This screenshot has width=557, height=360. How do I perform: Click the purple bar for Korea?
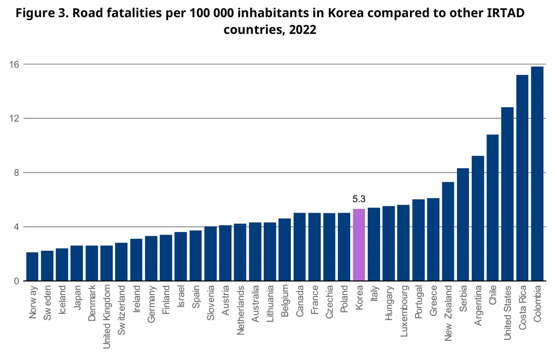pos(359,245)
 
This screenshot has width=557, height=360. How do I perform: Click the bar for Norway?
pos(32,267)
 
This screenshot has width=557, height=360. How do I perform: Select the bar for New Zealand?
pos(448,232)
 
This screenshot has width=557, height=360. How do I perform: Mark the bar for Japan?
pos(77,263)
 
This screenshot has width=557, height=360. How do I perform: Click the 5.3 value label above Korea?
pos(359,199)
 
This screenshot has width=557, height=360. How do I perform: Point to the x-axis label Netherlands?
pos(240,306)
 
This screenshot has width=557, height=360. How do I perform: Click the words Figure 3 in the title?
pos(38,13)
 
